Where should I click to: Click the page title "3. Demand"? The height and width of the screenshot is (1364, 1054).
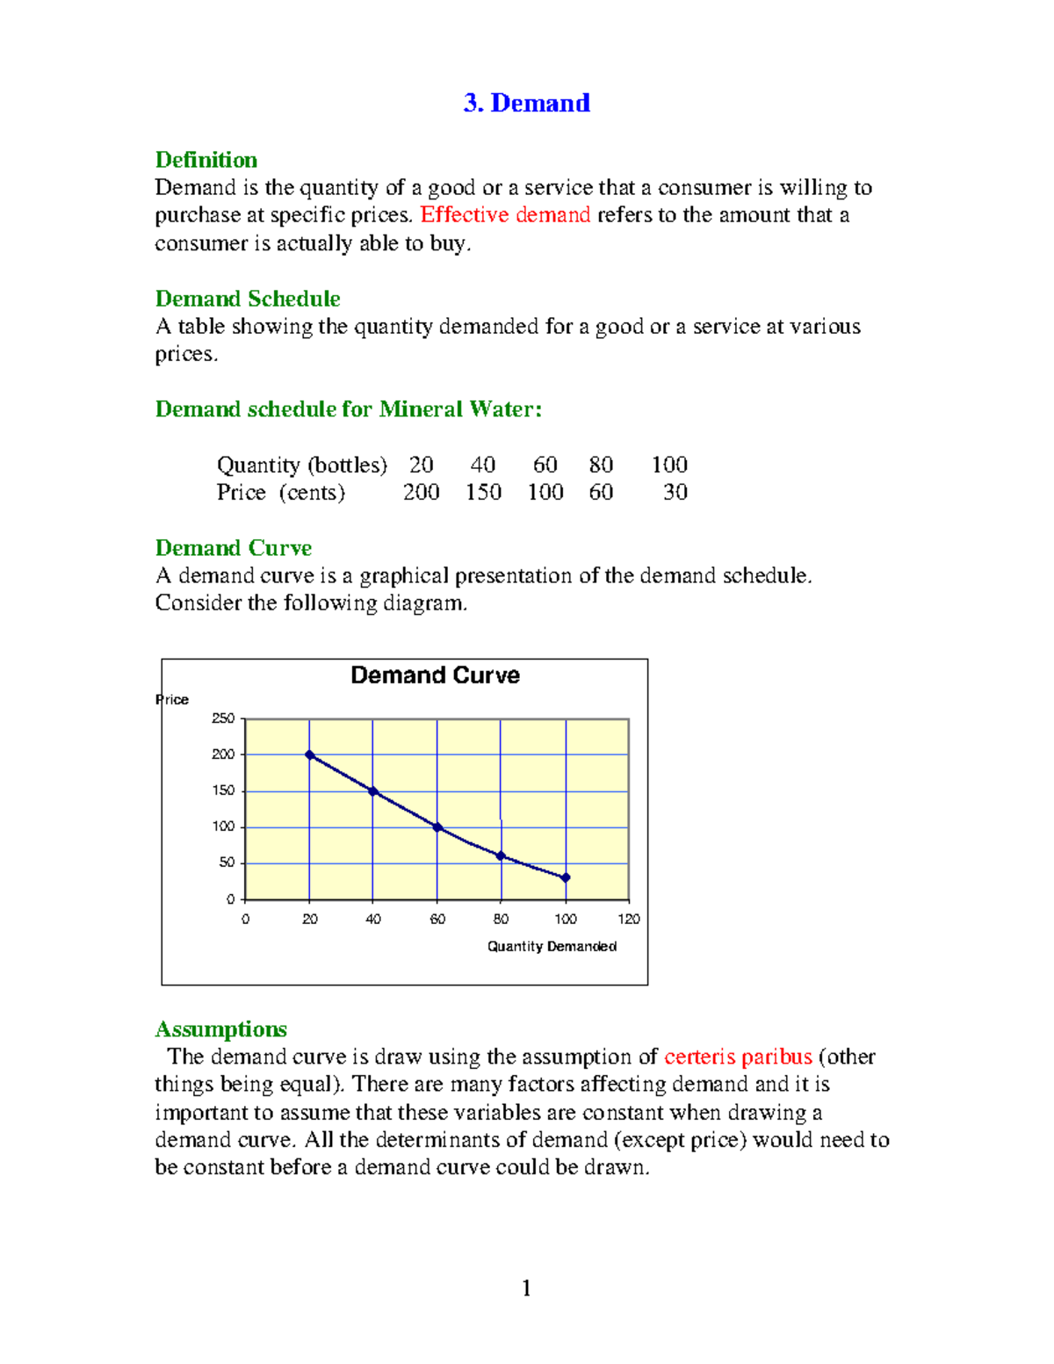[526, 104]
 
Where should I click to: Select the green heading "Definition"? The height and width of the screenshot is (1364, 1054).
[206, 160]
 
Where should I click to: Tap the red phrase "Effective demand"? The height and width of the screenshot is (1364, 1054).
[505, 215]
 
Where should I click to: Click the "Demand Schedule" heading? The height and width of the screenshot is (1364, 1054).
[247, 299]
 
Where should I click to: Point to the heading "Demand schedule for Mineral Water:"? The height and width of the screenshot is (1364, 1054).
[348, 409]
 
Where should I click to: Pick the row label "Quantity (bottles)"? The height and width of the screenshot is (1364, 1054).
[301, 465]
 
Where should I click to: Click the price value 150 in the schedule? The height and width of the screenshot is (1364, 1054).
[483, 492]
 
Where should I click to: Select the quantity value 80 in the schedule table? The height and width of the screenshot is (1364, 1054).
[601, 465]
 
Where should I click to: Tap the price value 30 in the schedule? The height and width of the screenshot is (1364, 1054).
[675, 492]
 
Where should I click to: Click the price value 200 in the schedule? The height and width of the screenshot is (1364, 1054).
[421, 492]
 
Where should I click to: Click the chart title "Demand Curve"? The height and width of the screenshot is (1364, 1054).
[435, 675]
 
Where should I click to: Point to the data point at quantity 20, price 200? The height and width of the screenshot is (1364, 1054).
[309, 754]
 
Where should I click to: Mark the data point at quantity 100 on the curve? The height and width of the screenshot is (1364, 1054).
[566, 877]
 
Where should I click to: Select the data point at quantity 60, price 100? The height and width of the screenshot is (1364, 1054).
[437, 827]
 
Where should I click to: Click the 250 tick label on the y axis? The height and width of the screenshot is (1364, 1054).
[223, 718]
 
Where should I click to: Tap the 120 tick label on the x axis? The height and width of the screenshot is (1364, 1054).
[629, 920]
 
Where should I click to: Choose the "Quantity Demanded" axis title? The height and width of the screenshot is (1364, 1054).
[552, 946]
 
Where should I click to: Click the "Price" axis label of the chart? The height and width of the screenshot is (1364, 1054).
[172, 700]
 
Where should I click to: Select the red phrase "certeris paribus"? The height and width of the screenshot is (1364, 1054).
[738, 1057]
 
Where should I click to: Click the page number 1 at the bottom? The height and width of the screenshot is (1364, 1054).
[526, 1288]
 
